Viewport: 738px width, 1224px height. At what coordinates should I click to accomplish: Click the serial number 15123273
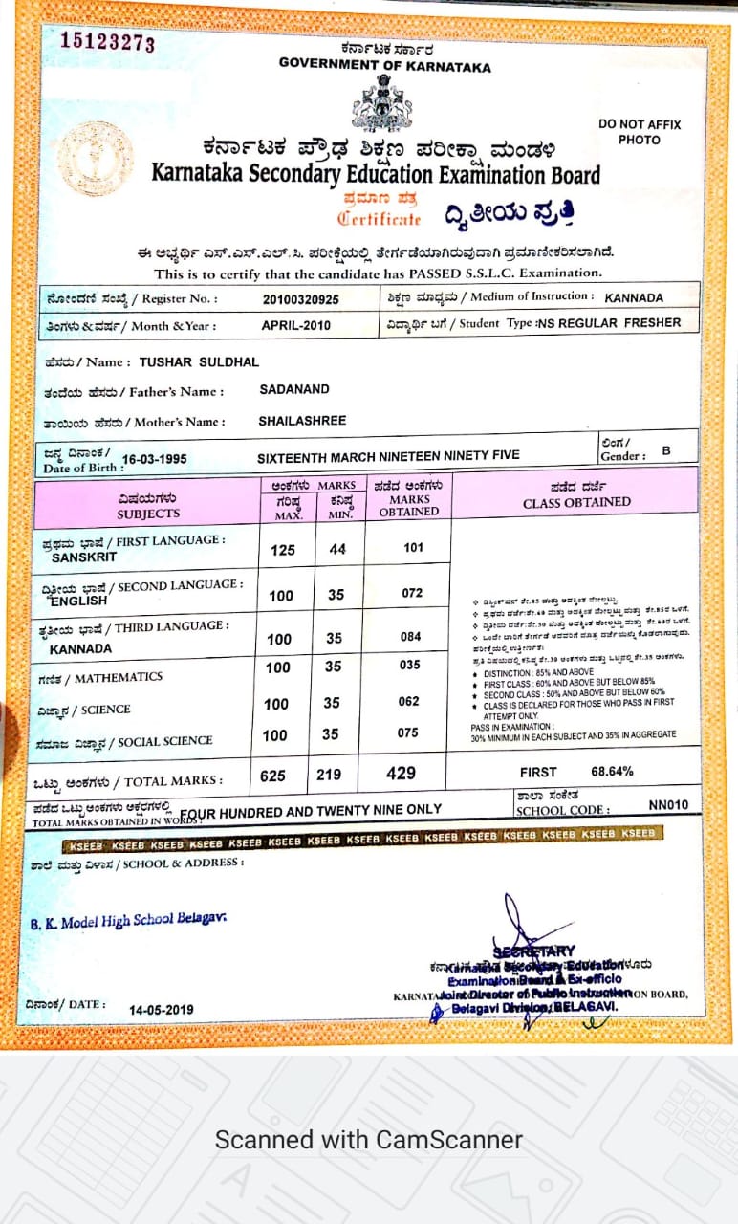[107, 42]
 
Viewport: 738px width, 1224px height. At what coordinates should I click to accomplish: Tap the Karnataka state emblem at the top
[382, 103]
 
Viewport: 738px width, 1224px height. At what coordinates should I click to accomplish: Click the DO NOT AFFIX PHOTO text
[640, 132]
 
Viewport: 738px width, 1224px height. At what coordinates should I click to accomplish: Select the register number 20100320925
[300, 299]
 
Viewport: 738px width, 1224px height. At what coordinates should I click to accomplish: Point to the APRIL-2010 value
[296, 325]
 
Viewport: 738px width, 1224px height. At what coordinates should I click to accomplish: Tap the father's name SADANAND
[294, 390]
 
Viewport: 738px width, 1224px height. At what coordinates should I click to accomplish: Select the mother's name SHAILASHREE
[302, 421]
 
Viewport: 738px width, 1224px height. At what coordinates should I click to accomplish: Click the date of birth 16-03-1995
[156, 458]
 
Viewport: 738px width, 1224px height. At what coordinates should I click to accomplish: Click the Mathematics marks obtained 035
[409, 665]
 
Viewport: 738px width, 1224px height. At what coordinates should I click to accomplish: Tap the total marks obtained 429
[402, 774]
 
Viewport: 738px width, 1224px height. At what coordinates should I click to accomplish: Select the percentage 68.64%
[612, 771]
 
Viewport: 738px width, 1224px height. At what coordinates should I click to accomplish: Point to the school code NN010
[668, 805]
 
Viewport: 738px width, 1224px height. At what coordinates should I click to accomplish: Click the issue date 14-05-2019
[162, 1009]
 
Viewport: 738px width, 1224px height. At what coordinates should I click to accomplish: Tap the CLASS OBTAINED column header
[576, 502]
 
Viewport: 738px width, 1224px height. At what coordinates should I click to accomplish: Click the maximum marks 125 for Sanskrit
[283, 551]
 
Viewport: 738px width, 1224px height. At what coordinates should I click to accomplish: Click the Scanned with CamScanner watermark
[368, 1140]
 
